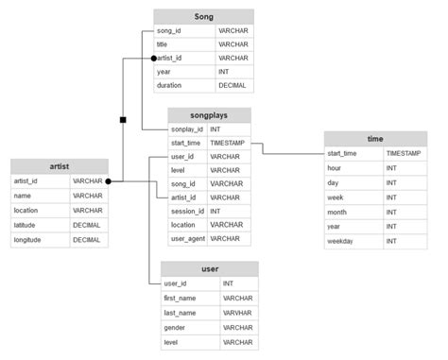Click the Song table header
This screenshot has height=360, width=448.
pos(203,17)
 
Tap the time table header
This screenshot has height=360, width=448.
pos(375,138)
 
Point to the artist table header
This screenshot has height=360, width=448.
pos(59,165)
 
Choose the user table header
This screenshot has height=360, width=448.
pos(209,269)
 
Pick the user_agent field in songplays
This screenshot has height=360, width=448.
pos(187,239)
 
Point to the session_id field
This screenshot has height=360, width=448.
pos(187,212)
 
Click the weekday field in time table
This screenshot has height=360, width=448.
pos(342,241)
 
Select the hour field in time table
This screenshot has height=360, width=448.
pos(335,167)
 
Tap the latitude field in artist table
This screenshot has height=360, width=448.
pos(26,225)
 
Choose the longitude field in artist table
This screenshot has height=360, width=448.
pos(28,240)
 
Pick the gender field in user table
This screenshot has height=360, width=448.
pos(176,327)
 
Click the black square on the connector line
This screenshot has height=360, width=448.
pos(123,120)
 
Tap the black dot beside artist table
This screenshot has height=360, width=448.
pos(110,180)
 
